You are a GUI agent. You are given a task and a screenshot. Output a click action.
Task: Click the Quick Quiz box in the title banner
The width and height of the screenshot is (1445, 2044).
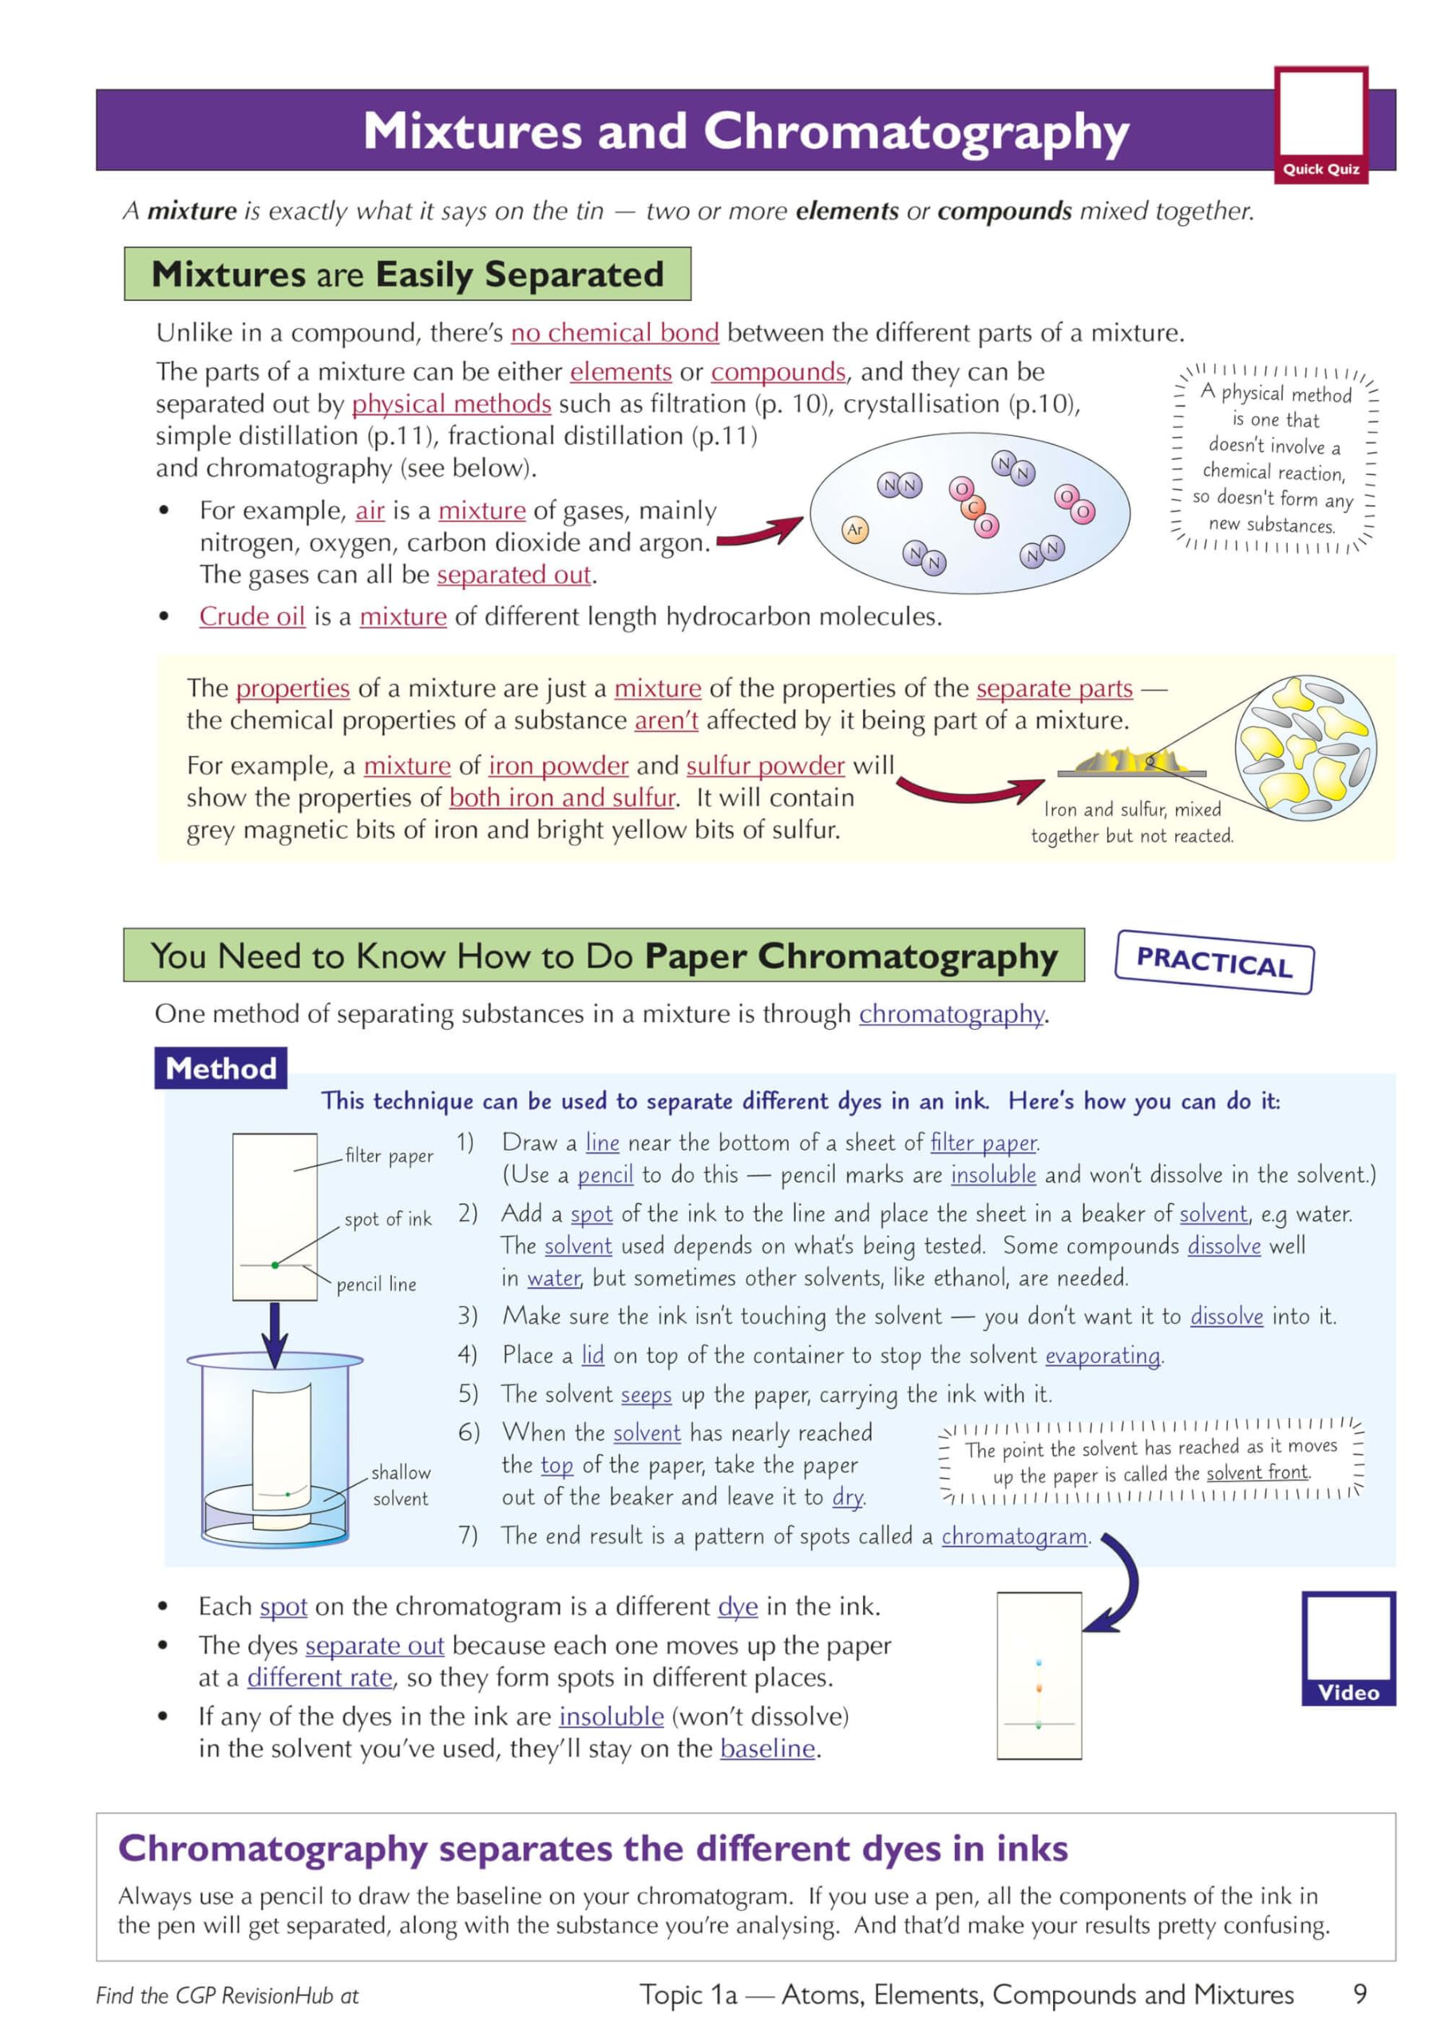pos(1320,125)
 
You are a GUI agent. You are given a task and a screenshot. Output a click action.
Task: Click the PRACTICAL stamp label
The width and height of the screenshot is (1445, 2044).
pos(1213,961)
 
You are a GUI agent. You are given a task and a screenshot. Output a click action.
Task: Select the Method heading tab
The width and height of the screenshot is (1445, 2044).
pos(221,1068)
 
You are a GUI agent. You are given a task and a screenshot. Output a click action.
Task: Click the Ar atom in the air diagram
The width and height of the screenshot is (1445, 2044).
pos(855,529)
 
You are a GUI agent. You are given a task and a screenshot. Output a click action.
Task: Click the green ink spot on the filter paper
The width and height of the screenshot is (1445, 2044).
pos(275,1264)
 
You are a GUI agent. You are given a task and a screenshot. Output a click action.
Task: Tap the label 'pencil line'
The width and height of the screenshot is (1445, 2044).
pos(376,1284)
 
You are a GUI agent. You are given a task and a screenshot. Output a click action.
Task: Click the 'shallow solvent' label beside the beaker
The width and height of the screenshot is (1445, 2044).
pos(400,1485)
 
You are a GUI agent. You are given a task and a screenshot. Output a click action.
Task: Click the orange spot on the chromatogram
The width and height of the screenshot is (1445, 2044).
pos(1039,1687)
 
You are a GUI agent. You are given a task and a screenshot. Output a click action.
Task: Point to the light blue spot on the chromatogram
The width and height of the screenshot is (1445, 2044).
pos(1039,1662)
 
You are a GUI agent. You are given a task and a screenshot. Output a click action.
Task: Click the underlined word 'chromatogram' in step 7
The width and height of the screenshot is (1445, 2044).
pos(1014,1535)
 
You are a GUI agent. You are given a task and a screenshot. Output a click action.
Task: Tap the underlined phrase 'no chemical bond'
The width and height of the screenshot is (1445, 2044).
pos(615,333)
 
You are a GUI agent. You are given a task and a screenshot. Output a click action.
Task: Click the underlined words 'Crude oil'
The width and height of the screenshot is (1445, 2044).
pos(252,616)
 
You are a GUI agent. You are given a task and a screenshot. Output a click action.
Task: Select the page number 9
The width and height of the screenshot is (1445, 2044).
pos(1359,1993)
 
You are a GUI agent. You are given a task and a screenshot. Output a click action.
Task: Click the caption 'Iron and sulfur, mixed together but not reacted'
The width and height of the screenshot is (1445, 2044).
pos(1131,822)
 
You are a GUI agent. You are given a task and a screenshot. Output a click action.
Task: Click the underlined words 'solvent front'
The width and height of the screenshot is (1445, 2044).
pos(1257,1472)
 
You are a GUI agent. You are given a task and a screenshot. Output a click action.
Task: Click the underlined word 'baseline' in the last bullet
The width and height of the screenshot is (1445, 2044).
pos(767,1748)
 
